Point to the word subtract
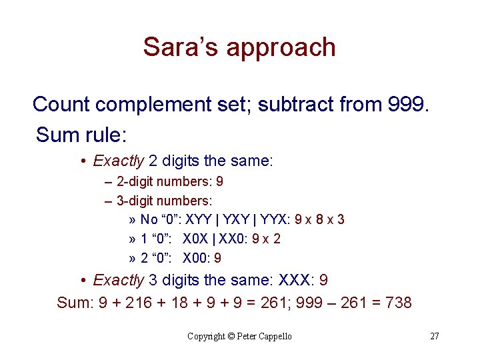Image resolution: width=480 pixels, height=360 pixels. point(297,105)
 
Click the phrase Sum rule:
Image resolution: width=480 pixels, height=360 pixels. point(81,135)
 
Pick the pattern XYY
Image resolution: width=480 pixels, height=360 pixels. point(199,219)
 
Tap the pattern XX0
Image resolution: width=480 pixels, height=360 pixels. point(229,239)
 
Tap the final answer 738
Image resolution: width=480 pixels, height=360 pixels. point(399,303)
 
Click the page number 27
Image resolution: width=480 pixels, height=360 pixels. point(434,336)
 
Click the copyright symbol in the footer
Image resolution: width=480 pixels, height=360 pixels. point(231,337)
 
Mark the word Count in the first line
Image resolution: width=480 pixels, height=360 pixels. point(61,105)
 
